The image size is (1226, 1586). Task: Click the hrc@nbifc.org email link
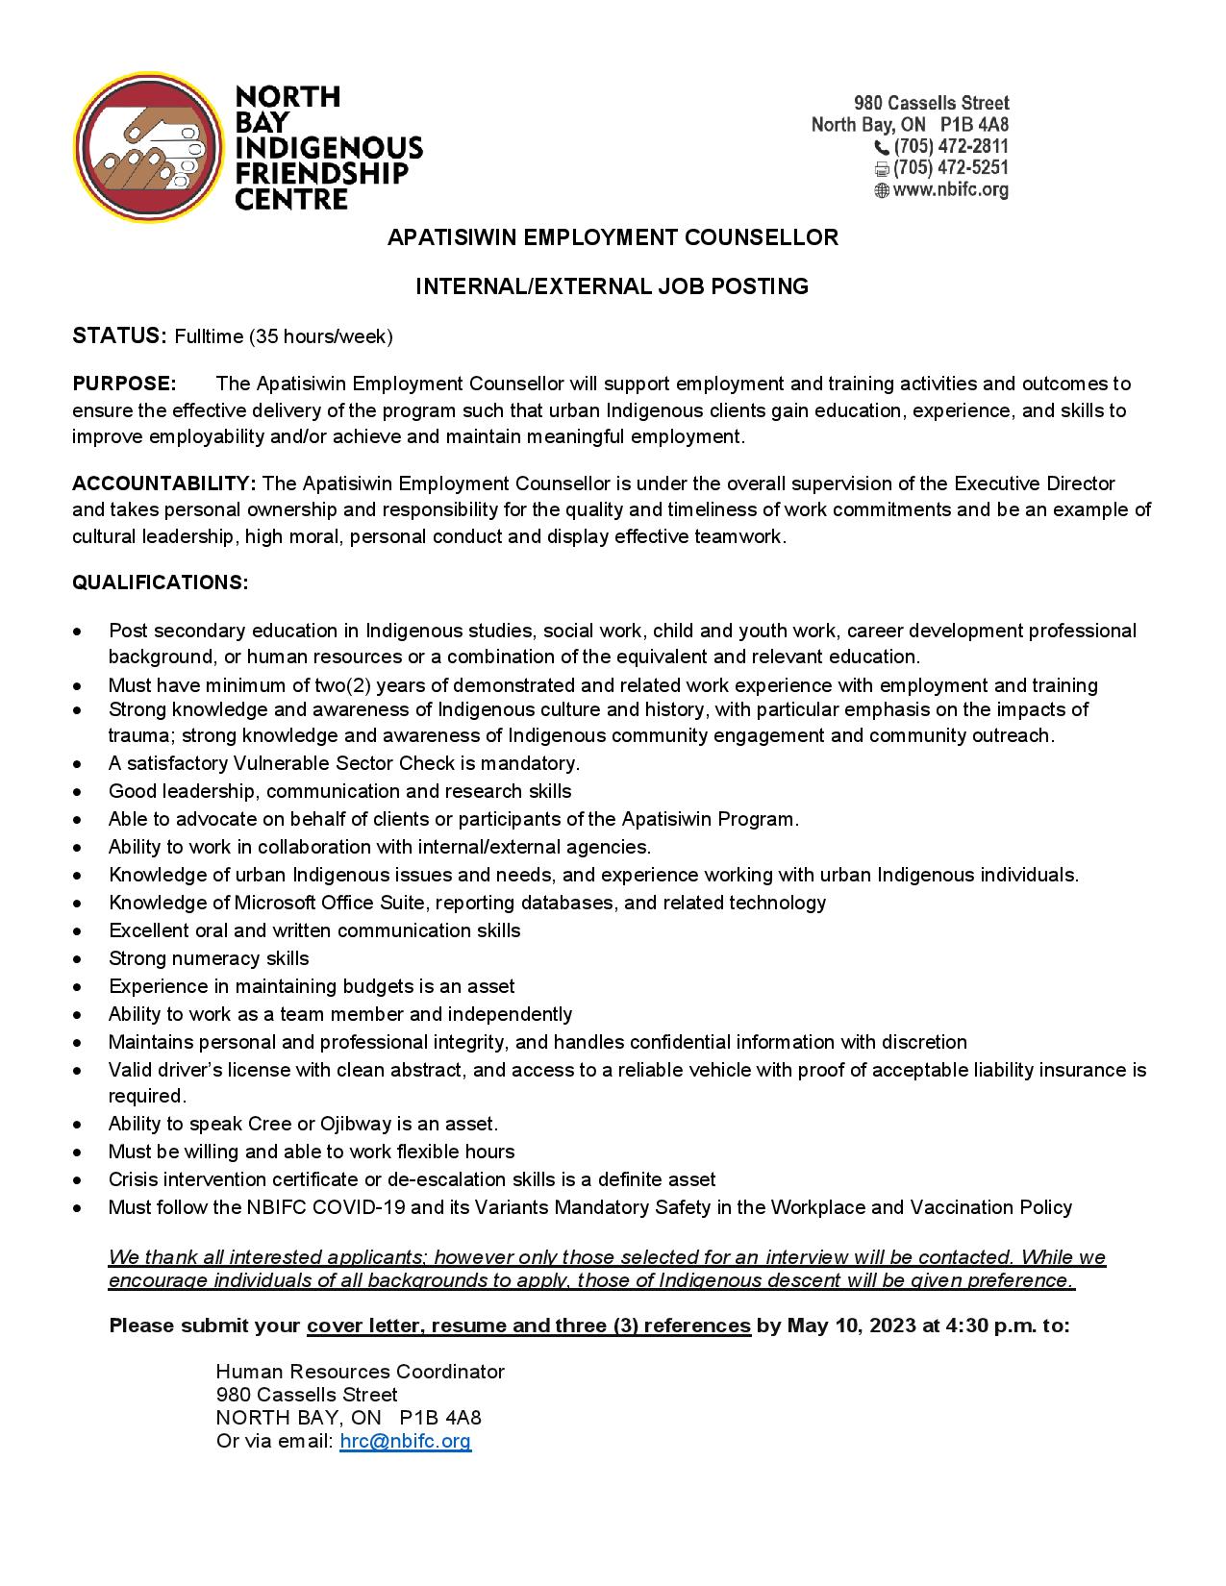[x=405, y=1441]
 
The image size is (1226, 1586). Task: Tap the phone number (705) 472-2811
[x=950, y=147]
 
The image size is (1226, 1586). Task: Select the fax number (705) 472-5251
[x=950, y=168]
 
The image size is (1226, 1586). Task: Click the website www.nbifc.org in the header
[x=950, y=190]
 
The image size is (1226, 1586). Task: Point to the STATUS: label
[x=120, y=336]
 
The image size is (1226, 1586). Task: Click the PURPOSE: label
[x=124, y=384]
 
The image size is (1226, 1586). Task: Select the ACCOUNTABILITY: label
[x=163, y=483]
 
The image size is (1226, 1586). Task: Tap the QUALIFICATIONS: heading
[x=160, y=582]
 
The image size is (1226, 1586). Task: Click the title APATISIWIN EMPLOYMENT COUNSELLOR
[x=613, y=237]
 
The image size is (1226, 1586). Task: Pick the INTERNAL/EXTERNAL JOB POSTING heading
[x=612, y=286]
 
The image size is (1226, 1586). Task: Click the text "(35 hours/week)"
[x=321, y=337]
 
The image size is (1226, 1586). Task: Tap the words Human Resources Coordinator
[x=360, y=1372]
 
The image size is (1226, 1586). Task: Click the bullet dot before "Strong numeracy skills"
[x=77, y=959]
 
